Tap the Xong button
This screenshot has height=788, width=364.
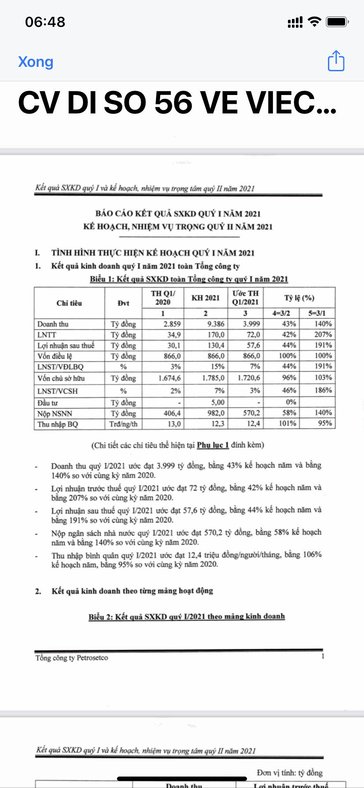click(36, 62)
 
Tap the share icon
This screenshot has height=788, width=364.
click(336, 61)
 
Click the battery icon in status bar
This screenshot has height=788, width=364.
click(337, 22)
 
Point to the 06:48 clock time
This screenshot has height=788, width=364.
click(45, 22)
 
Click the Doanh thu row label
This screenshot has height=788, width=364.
click(53, 324)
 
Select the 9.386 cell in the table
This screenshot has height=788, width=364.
click(215, 324)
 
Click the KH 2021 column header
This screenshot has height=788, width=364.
click(205, 298)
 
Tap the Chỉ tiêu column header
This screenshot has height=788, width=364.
click(69, 303)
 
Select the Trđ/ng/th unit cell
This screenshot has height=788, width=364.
click(124, 424)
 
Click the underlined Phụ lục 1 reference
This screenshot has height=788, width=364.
click(213, 445)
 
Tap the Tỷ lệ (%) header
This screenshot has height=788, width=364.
click(299, 298)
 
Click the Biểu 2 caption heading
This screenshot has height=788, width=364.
click(186, 617)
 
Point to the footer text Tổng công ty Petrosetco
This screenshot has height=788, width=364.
click(72, 658)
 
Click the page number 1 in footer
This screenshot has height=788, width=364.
click(323, 657)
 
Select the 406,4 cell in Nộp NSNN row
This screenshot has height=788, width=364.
click(172, 413)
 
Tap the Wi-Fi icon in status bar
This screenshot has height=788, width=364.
click(314, 22)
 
